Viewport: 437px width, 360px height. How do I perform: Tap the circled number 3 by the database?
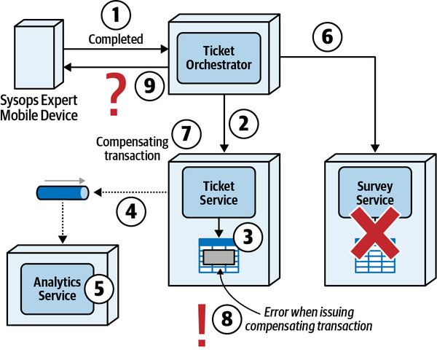(248, 237)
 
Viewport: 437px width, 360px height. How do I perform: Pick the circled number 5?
(98, 287)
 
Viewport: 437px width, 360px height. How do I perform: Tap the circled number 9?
(149, 85)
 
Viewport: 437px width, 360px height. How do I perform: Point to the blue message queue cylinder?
(62, 192)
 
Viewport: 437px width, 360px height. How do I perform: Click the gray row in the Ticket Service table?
(219, 257)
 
